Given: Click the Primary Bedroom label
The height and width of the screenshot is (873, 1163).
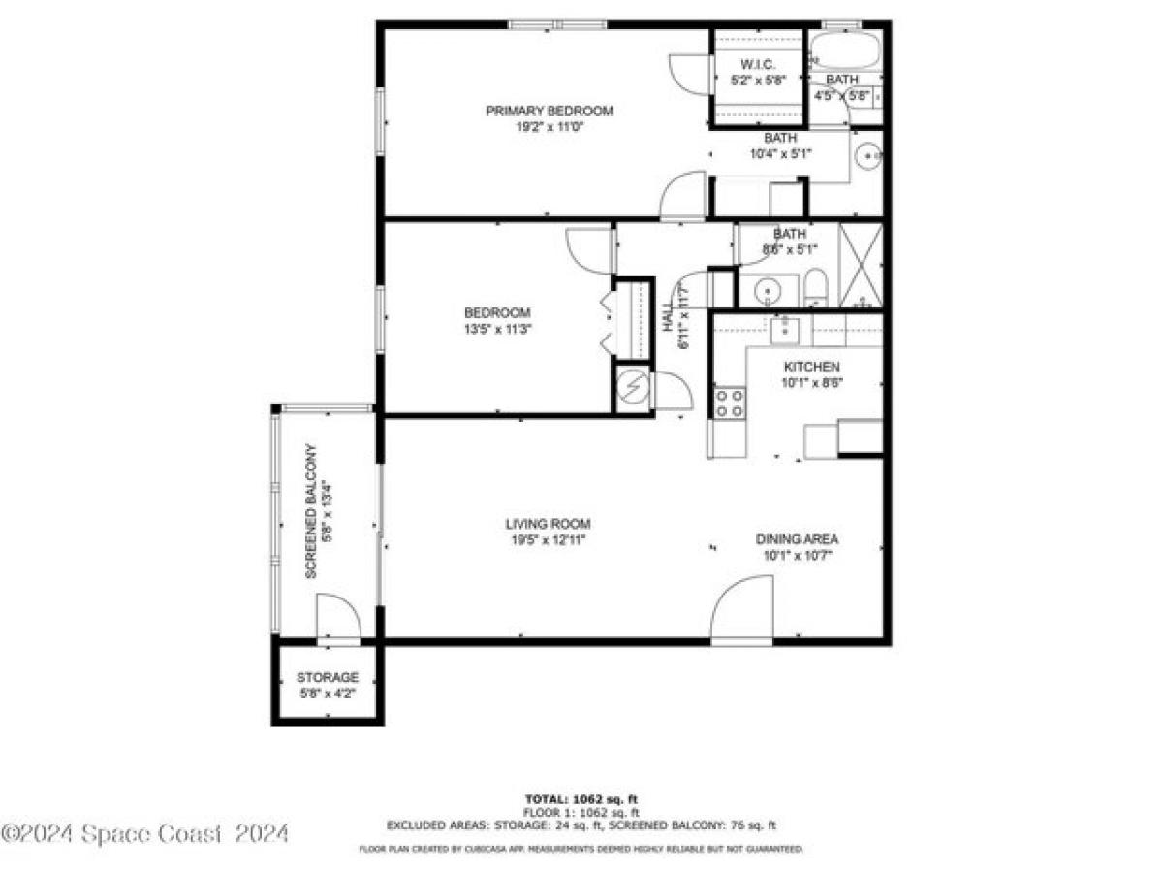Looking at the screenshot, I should coord(549,111).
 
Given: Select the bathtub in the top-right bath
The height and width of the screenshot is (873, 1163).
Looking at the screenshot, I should coord(844,48).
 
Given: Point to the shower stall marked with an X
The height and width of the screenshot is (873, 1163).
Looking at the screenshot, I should coord(860,265).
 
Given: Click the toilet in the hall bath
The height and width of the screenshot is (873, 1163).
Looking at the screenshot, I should coord(817,287).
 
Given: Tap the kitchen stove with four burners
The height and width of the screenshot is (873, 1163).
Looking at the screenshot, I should coord(729,403).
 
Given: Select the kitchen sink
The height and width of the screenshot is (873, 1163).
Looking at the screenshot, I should coord(783,330).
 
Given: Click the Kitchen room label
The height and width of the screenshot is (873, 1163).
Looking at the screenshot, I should coord(811,367).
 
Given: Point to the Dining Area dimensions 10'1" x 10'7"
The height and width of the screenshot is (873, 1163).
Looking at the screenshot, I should coord(797,556).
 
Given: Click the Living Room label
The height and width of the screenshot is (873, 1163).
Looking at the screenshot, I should coord(548,524).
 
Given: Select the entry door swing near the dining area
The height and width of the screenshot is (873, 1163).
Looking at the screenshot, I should coord(742,611).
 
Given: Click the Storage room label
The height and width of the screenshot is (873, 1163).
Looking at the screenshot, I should coord(328,677).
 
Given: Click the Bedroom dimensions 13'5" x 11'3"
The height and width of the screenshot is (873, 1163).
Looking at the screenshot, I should coord(497,329).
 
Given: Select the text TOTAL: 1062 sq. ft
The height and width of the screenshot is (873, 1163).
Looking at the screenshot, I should coord(581,799).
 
